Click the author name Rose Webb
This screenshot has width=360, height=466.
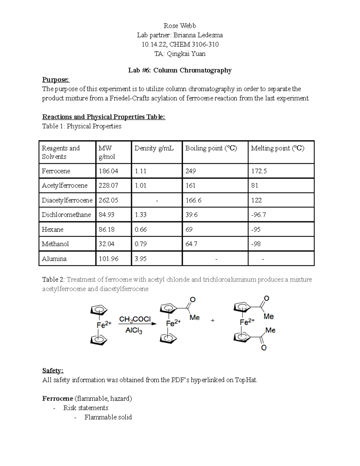point(180,26)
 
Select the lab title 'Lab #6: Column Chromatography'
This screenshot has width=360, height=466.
point(180,71)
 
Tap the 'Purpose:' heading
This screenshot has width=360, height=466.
point(56,80)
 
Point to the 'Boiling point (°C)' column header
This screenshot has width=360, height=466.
point(211,148)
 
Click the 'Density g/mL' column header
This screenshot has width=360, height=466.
point(154,148)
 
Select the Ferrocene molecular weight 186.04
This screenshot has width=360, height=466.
point(108,171)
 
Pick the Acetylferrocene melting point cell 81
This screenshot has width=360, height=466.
point(254,186)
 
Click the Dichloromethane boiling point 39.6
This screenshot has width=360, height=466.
point(191,215)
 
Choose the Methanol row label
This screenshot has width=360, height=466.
point(55,244)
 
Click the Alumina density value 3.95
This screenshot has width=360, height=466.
point(140,259)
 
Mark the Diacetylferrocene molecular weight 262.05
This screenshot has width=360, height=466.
point(108,200)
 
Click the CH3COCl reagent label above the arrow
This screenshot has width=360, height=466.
point(135,319)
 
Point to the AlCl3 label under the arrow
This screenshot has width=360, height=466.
point(133,331)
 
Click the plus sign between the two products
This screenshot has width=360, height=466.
point(213,320)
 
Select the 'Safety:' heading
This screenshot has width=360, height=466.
point(53,371)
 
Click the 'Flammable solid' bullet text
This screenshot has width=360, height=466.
point(108,417)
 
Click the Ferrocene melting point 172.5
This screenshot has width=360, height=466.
point(259,171)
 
